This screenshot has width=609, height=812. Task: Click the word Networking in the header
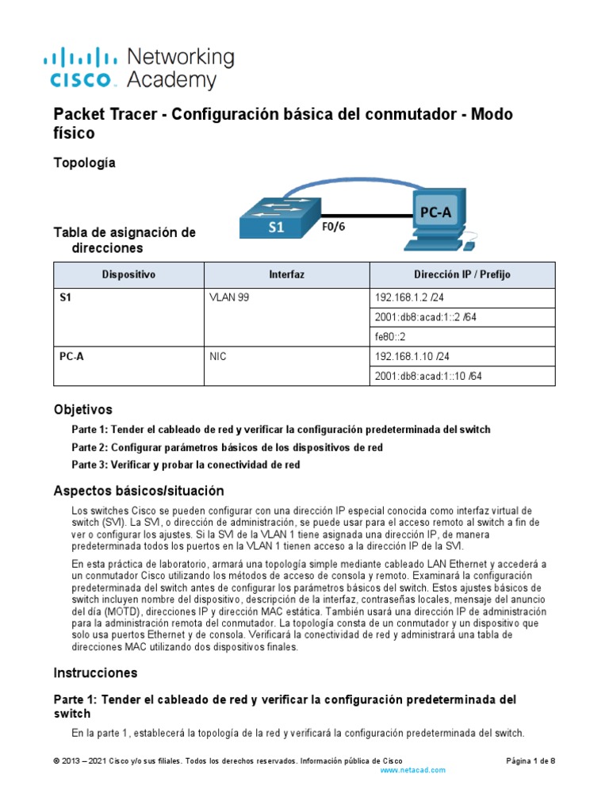181,57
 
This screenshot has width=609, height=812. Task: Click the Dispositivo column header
129,274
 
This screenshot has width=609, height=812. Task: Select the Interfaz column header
286,274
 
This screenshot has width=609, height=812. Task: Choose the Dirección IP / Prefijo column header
462,274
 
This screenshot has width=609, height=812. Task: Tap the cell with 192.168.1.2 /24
404,298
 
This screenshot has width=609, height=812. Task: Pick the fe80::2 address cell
389,337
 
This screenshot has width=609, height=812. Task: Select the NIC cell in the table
217,357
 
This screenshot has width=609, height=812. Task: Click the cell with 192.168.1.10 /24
408,357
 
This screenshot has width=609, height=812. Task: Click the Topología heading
84,163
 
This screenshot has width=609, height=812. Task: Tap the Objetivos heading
82,410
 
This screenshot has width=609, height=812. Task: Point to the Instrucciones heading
95,672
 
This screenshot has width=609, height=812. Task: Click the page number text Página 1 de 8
530,760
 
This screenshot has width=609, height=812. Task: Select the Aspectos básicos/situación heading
139,491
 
